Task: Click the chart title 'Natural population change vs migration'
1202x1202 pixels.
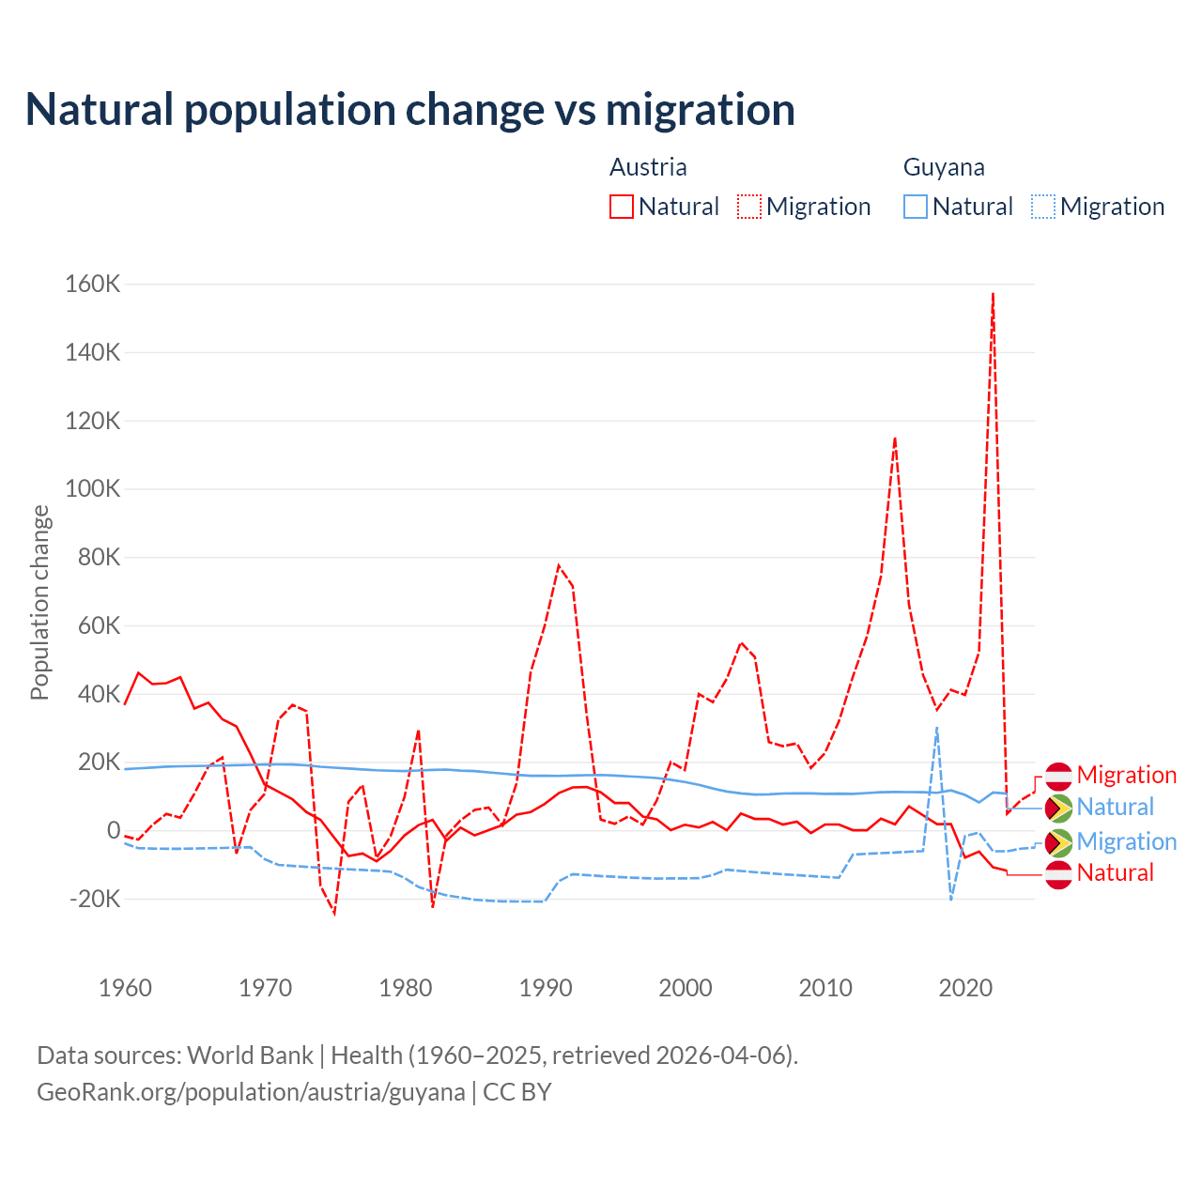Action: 410,109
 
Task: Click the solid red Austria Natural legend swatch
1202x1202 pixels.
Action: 621,207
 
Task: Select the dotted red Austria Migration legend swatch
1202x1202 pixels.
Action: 749,207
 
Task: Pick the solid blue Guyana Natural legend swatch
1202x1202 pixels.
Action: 915,207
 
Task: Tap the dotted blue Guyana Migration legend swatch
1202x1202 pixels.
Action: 1043,207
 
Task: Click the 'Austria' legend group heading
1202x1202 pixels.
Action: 648,167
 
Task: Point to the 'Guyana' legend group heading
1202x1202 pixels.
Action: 944,167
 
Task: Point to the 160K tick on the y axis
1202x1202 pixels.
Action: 93,284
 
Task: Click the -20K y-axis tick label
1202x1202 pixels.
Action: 96,899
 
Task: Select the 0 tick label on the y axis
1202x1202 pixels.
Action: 114,830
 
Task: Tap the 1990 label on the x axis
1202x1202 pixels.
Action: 546,988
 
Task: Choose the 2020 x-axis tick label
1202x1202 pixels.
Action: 965,988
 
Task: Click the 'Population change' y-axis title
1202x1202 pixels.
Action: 39,603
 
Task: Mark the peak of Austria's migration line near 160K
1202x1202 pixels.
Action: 993,294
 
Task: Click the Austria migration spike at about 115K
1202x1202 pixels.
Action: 895,438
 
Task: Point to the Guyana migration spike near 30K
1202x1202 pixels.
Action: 936,728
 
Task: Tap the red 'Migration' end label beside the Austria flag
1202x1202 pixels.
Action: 1126,775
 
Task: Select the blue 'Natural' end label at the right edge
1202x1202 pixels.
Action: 1115,807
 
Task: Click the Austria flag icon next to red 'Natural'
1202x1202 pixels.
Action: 1058,874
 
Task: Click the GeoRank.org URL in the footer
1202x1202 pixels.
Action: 251,1092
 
